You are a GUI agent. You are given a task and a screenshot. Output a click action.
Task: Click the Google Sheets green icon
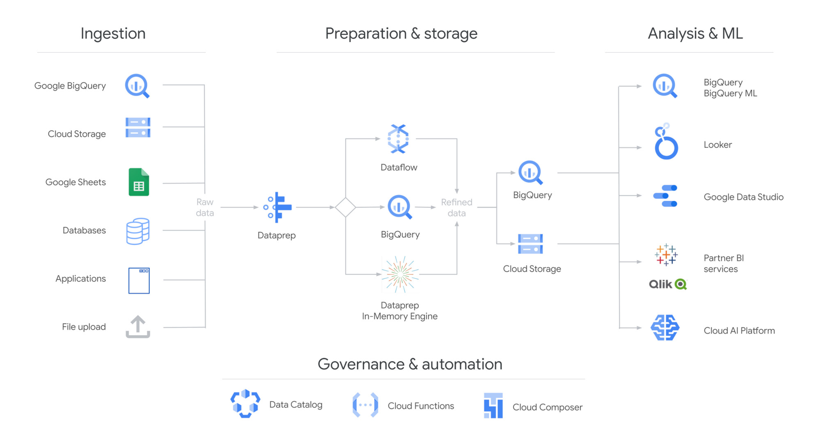139,182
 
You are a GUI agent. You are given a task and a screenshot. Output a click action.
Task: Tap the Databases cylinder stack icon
138,231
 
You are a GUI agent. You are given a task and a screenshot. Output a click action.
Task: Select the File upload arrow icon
138,327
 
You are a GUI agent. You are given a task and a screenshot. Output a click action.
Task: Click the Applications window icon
139,280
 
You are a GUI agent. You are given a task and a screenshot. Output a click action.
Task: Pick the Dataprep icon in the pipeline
277,207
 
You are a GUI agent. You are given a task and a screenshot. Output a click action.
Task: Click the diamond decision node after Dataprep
345,207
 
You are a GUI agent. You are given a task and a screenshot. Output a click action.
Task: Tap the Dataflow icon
398,139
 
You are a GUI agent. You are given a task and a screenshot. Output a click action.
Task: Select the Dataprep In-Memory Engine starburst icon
400,274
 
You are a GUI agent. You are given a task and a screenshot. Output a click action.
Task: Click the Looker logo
665,142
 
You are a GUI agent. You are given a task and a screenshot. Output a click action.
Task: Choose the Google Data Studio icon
665,196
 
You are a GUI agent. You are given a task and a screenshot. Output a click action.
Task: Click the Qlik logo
667,284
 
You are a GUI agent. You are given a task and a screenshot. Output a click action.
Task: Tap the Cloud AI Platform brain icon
665,328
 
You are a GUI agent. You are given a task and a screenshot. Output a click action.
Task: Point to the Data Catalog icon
245,404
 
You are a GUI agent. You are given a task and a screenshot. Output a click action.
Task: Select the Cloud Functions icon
365,405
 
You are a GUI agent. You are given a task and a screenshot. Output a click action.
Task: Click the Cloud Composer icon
493,406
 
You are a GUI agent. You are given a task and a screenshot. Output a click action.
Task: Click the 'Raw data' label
205,207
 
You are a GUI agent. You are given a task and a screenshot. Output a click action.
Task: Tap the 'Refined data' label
456,207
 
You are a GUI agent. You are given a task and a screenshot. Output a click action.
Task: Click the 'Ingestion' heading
113,34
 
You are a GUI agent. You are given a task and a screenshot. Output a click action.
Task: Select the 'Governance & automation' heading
410,364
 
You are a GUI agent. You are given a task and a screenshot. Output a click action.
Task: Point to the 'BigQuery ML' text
730,94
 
